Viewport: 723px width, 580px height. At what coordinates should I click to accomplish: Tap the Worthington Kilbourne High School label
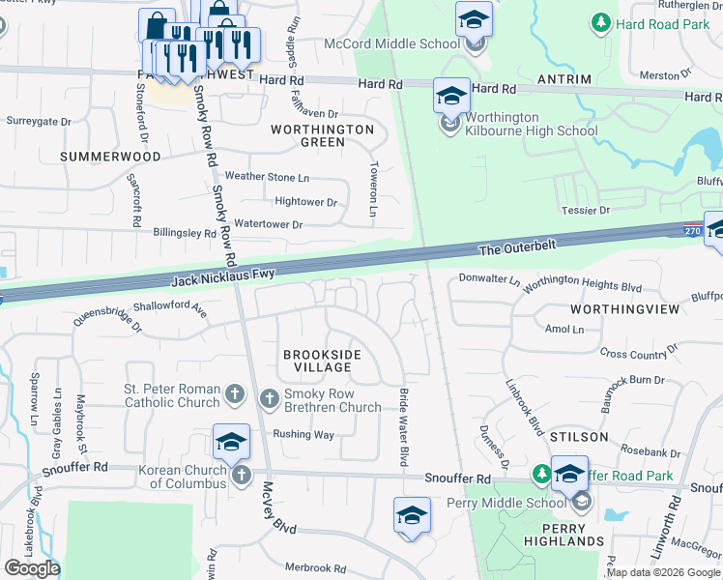click(514, 125)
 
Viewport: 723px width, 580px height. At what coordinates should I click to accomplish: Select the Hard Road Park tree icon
click(601, 20)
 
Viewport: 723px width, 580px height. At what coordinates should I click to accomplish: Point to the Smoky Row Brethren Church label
click(333, 400)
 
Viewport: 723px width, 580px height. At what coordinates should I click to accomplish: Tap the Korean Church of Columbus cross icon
click(242, 474)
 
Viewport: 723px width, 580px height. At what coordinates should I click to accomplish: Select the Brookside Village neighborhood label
click(322, 362)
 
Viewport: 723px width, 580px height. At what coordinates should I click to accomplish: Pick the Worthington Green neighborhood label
click(322, 135)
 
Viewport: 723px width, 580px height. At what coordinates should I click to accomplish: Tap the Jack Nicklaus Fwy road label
click(223, 278)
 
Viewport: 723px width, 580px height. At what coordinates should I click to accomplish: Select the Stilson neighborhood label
click(579, 437)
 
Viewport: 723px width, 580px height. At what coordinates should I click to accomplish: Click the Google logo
click(31, 568)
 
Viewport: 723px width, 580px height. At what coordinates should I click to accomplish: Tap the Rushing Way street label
click(304, 435)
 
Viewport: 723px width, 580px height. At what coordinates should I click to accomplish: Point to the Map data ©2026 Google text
click(663, 572)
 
